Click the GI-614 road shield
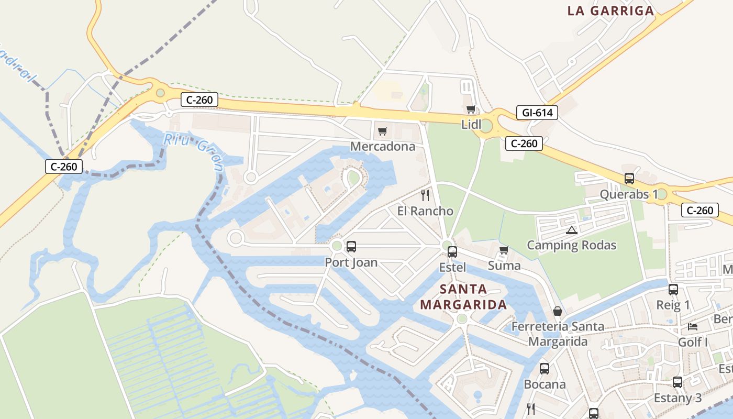click(537, 112)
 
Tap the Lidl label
click(471, 125)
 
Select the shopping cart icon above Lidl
click(471, 109)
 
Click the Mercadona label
click(383, 146)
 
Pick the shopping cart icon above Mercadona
click(383, 131)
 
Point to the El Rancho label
click(425, 211)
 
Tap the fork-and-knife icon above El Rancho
click(425, 195)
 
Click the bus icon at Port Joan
click(351, 247)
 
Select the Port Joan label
click(351, 262)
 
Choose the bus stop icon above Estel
click(452, 252)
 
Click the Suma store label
click(504, 266)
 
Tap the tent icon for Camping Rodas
click(571, 230)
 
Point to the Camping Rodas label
click(571, 245)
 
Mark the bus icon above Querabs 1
click(629, 179)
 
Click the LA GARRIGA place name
click(611, 11)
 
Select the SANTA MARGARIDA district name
click(463, 296)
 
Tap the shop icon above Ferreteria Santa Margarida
click(558, 311)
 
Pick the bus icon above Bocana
click(545, 369)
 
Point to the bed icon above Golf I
click(693, 327)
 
